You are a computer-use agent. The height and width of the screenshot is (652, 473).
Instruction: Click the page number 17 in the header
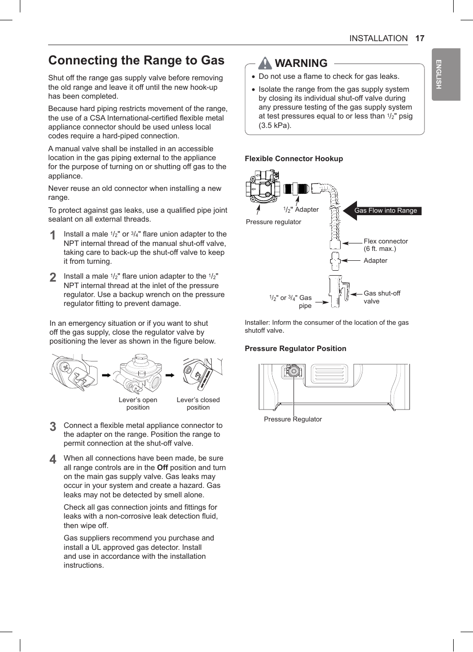point(419,38)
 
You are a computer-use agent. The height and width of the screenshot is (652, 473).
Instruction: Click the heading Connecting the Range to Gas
point(136,60)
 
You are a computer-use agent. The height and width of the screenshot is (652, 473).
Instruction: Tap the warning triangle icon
point(265,63)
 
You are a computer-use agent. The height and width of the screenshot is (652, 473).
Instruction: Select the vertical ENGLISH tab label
point(439,74)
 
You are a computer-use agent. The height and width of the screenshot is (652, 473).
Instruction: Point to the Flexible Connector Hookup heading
point(294,159)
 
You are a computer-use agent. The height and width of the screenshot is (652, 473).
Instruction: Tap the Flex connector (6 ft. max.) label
point(385,245)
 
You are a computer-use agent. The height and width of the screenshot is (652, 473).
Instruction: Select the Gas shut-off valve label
point(381,297)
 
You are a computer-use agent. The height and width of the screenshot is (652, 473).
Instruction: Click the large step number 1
point(53,236)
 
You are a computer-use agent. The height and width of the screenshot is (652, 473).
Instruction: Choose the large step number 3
point(53,426)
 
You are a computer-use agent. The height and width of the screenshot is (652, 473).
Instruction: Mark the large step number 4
point(53,460)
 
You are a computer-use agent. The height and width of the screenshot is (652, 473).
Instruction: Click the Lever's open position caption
point(138,404)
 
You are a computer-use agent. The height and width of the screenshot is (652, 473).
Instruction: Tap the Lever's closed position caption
point(198,404)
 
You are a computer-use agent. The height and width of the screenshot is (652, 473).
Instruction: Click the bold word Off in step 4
point(163,468)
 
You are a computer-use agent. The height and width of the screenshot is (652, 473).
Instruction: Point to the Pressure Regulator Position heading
point(296,349)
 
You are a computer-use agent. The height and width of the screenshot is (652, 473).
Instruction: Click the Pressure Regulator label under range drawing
point(293,419)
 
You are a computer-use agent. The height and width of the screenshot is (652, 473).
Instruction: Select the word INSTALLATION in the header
point(378,38)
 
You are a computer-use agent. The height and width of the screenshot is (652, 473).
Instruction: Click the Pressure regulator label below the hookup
point(273,222)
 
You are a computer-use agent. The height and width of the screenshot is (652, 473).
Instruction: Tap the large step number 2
point(53,278)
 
